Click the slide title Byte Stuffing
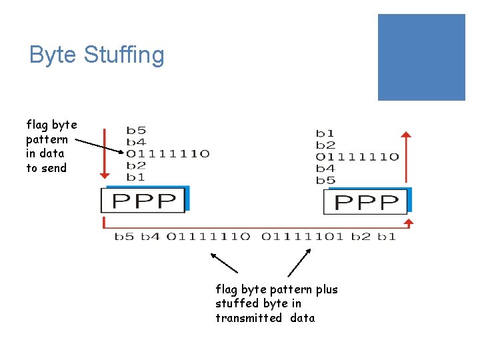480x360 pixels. pos(97,55)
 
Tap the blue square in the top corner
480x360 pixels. pos(421,57)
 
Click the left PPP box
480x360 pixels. pos(143,200)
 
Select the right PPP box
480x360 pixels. pos(366,201)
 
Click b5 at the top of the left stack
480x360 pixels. pos(136,131)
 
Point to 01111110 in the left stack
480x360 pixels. pos(168,154)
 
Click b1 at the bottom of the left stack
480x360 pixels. pos(136,177)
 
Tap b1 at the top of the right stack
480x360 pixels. pos(325,133)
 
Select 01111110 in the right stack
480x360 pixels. pos(357,157)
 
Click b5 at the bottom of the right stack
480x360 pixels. pos(325,181)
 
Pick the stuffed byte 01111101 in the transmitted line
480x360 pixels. pos(303,236)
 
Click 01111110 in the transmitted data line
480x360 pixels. pos(208,236)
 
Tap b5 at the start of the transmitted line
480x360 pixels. pos(124,236)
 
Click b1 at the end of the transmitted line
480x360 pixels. pos(387,236)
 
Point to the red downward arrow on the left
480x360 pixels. pos(103,154)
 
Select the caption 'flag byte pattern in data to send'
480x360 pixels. pos(51,146)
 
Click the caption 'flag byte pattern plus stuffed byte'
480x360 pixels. pos(276,303)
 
